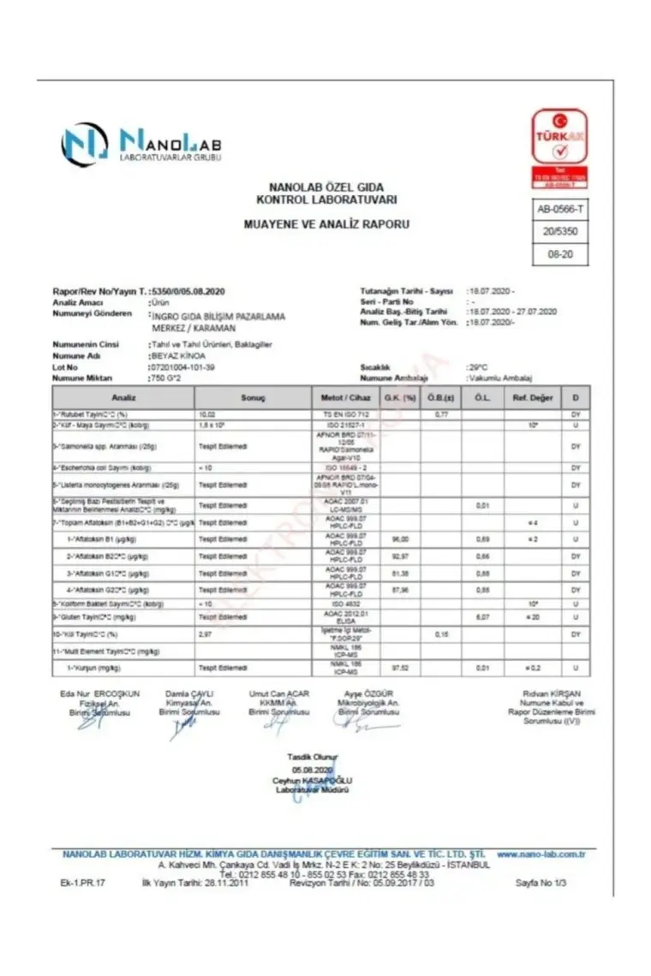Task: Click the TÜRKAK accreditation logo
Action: point(559,147)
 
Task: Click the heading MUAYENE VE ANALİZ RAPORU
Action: point(326,224)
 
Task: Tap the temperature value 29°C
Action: point(478,366)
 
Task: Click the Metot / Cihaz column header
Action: point(345,397)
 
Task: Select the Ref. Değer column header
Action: point(532,397)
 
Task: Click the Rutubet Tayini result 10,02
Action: point(208,414)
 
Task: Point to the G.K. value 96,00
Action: point(397,539)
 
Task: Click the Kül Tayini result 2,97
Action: point(206,634)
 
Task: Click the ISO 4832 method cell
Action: point(345,604)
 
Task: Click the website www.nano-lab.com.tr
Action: point(541,854)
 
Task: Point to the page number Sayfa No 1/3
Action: point(541,882)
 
